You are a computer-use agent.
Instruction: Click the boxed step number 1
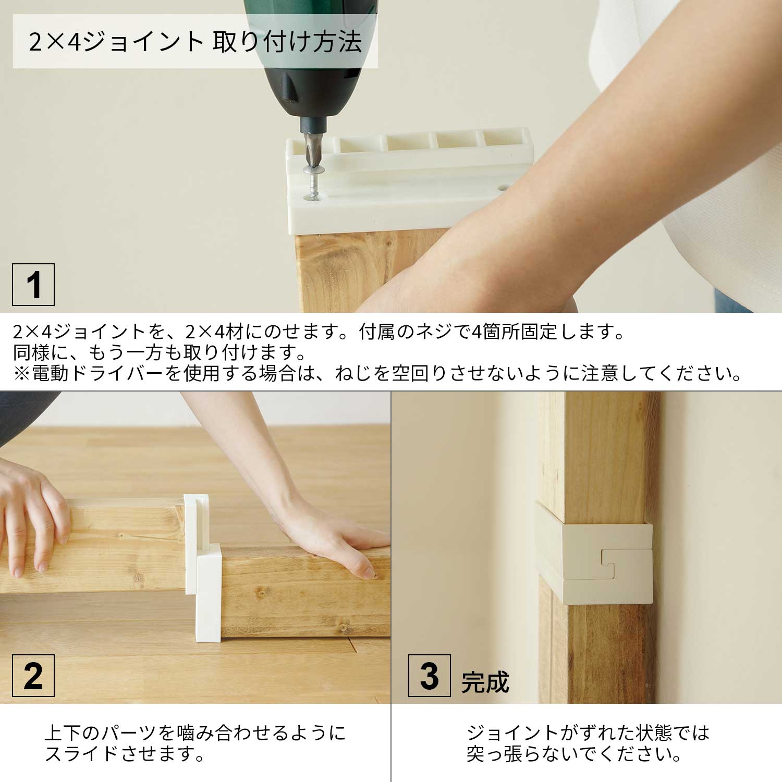pos(33,285)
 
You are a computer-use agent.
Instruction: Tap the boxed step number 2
pos(33,676)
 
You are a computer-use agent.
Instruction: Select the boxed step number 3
pos(430,676)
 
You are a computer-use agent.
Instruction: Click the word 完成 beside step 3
pos(485,682)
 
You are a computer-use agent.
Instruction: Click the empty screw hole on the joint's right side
pos(504,186)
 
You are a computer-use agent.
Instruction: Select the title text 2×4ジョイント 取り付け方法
pos(195,42)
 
